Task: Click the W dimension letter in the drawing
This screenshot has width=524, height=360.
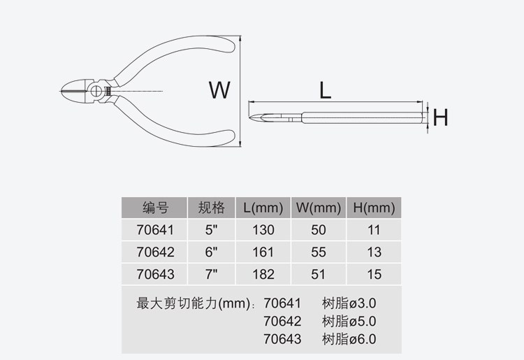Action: (219, 90)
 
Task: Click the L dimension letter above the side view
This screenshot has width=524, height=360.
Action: (325, 90)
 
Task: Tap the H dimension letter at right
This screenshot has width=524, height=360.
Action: (440, 118)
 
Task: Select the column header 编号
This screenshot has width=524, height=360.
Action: (155, 208)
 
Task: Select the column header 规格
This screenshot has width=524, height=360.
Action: (212, 208)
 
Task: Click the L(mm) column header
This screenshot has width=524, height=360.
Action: (263, 208)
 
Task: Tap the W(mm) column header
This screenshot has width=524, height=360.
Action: (319, 208)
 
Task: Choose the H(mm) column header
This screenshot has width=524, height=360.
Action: (374, 208)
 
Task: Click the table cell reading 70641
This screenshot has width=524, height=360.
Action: (155, 230)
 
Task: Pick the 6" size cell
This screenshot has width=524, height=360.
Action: (212, 252)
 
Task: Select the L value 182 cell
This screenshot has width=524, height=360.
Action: (263, 275)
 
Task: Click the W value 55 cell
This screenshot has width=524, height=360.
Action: (319, 252)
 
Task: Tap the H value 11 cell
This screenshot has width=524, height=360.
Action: (374, 230)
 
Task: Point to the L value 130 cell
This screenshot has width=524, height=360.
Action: (263, 230)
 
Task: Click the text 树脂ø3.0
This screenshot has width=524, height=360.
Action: (349, 304)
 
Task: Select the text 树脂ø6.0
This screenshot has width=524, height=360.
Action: (349, 339)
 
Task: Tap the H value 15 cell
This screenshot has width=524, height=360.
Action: (374, 275)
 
